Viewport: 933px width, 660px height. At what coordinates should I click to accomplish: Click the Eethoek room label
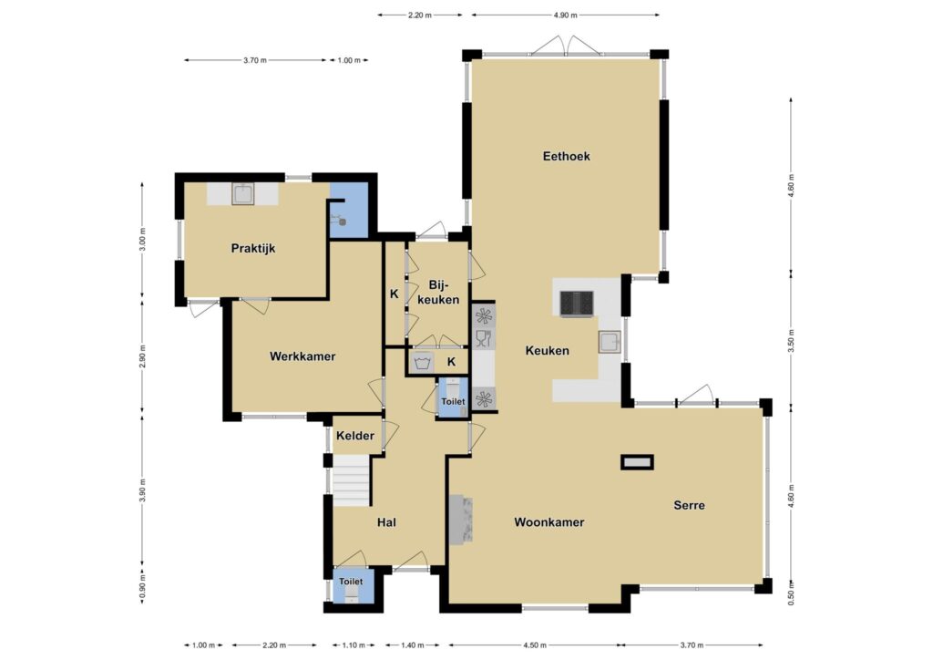566,156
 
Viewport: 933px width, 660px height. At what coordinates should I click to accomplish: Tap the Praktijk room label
253,248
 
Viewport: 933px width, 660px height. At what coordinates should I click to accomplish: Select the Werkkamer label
302,356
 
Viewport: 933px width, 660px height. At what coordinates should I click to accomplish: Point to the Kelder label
355,436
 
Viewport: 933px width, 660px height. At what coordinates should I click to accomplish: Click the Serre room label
689,505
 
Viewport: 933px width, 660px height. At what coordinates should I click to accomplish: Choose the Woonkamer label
549,522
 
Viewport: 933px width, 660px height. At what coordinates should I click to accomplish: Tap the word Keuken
547,351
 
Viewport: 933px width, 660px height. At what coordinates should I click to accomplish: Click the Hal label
386,522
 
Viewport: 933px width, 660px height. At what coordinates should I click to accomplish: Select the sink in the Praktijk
242,193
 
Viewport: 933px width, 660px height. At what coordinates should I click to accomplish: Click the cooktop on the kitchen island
577,304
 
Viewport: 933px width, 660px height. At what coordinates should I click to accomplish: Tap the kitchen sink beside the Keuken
610,342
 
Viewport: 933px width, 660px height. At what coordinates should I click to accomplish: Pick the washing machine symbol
422,362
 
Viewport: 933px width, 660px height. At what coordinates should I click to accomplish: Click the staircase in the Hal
351,480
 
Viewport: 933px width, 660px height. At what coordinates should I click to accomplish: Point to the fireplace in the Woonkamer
460,520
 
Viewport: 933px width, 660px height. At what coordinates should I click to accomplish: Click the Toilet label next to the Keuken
453,402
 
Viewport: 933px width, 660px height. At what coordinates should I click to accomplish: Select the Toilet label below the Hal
351,582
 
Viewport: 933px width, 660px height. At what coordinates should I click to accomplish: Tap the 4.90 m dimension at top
565,15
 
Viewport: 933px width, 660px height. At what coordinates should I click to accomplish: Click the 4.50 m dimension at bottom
534,645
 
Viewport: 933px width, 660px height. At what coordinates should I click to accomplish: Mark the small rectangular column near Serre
637,462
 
